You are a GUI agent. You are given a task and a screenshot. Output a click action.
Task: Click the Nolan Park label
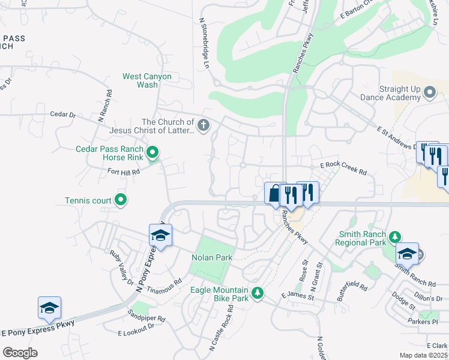[211, 257]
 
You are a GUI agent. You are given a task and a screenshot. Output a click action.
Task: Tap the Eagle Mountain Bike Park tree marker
[258, 293]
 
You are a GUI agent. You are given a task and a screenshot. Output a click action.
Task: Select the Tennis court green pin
[121, 200]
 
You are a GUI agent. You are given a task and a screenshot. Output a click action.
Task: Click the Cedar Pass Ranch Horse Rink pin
[152, 153]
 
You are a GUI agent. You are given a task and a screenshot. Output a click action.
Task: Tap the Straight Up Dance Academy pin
[429, 92]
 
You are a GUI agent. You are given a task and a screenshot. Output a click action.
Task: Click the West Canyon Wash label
[147, 80]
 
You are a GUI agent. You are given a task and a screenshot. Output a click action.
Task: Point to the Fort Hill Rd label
[123, 172]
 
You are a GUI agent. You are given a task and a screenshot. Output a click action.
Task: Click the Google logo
[20, 353]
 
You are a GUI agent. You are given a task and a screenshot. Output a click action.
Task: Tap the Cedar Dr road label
[62, 113]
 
